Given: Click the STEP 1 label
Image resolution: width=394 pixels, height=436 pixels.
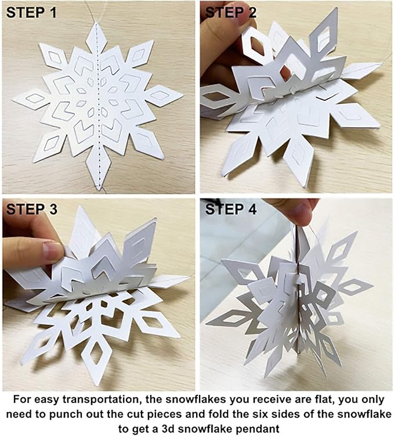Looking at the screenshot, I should (x=31, y=12).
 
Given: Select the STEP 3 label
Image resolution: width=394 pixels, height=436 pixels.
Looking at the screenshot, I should (x=31, y=210).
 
